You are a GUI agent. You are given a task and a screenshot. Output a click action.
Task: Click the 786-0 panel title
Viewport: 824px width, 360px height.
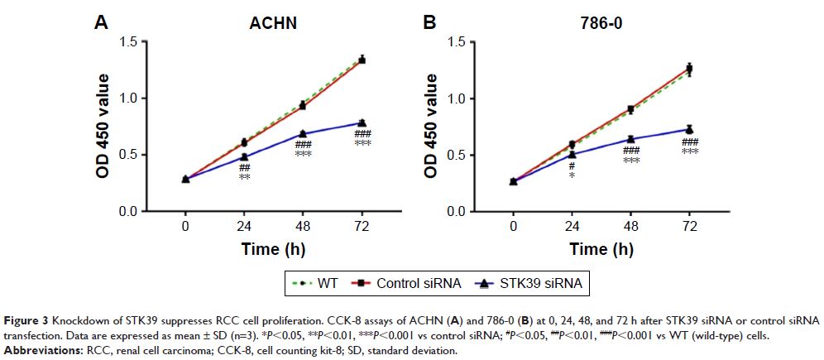click(x=596, y=24)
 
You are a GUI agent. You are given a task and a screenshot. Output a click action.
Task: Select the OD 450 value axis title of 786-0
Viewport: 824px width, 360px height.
click(x=430, y=125)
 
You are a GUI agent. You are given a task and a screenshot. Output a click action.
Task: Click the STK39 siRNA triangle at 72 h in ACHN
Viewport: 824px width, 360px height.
click(x=362, y=122)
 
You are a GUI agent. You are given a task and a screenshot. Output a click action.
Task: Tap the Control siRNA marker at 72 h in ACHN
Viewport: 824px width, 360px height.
click(x=362, y=60)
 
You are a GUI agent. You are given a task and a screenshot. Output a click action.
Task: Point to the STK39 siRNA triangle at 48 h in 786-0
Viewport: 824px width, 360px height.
click(x=630, y=139)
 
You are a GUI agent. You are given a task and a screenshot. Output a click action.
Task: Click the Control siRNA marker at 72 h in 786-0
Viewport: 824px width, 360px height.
click(x=688, y=68)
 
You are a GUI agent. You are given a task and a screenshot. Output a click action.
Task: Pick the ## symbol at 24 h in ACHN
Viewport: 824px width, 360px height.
click(x=246, y=167)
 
